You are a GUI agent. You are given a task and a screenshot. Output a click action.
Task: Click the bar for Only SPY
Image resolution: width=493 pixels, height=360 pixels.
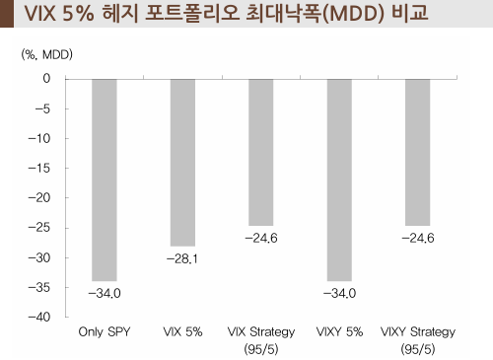pyautogui.click(x=105, y=180)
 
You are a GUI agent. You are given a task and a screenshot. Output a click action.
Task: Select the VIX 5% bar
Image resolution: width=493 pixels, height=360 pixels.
pyautogui.click(x=182, y=162)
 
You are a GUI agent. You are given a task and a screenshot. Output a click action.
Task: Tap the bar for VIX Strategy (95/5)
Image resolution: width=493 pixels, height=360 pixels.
pyautogui.click(x=260, y=152)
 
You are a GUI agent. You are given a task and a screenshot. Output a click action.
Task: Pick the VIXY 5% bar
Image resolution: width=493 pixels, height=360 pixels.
pyautogui.click(x=339, y=180)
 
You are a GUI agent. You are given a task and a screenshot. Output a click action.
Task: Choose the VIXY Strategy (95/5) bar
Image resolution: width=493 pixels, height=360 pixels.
pyautogui.click(x=417, y=152)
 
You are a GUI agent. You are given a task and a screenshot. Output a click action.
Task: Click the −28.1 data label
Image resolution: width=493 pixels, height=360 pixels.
pyautogui.click(x=182, y=259)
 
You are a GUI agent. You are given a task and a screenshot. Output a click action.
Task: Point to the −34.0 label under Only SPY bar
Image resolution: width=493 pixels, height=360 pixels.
pyautogui.click(x=105, y=294)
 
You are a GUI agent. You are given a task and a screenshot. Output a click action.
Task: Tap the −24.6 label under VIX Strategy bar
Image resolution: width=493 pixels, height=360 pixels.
pyautogui.click(x=260, y=239)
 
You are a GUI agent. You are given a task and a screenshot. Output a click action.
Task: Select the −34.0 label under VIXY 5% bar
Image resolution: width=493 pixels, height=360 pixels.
pyautogui.click(x=339, y=294)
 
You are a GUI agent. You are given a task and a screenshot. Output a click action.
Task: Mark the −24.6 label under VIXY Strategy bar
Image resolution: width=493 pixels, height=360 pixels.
pyautogui.click(x=417, y=239)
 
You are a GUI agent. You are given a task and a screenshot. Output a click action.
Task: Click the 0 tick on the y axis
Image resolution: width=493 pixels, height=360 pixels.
pyautogui.click(x=45, y=78)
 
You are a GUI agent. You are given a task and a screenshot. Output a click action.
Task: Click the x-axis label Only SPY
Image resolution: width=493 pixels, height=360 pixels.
pyautogui.click(x=105, y=332)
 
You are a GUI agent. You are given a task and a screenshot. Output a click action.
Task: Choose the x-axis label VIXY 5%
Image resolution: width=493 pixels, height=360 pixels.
pyautogui.click(x=339, y=332)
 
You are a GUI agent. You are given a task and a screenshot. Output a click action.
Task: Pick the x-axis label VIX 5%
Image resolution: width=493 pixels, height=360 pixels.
pyautogui.click(x=182, y=332)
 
